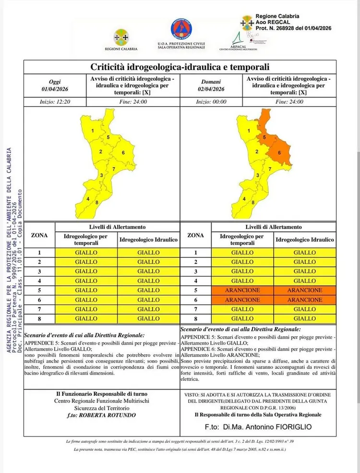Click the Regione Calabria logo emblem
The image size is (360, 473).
click(x=121, y=36)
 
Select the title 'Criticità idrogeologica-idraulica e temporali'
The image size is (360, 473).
click(x=180, y=67)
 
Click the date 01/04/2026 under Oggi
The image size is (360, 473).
click(x=55, y=89)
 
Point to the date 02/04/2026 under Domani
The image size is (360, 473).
click(x=211, y=89)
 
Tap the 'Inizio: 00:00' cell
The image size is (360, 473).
click(x=211, y=102)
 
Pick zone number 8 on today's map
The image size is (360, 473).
click(x=97, y=202)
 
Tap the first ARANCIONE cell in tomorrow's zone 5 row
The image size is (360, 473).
click(x=242, y=291)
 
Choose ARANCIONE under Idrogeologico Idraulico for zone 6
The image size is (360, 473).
click(x=305, y=300)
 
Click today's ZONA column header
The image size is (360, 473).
click(x=39, y=235)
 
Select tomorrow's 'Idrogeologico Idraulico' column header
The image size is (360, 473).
click(x=305, y=239)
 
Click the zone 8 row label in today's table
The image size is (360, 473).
click(x=39, y=319)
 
